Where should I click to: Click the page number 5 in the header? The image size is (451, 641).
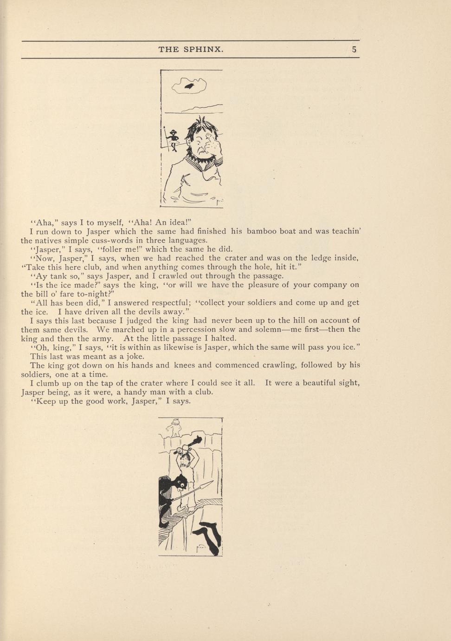[x=354, y=49]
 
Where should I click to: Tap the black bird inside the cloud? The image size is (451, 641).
[x=189, y=86]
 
